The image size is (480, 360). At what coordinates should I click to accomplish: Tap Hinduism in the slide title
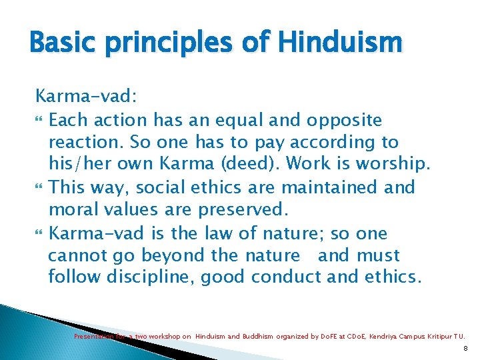(x=340, y=43)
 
